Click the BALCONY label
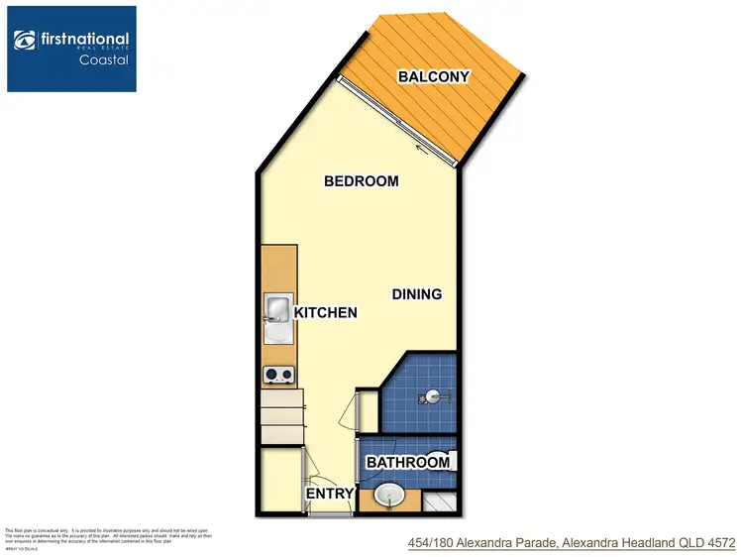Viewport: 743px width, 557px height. pyautogui.click(x=433, y=76)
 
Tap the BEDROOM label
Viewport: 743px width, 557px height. pyautogui.click(x=362, y=181)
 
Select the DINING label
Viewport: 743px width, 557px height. pyautogui.click(x=416, y=294)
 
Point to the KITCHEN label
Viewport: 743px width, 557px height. pyautogui.click(x=325, y=312)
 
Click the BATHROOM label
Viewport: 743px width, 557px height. pyautogui.click(x=408, y=462)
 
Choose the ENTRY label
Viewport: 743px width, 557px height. pyautogui.click(x=328, y=494)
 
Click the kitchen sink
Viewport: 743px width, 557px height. pyautogui.click(x=275, y=310)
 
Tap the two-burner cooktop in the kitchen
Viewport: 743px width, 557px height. pyautogui.click(x=277, y=375)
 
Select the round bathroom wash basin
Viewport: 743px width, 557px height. pyautogui.click(x=389, y=497)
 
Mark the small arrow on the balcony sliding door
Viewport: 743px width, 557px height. pyautogui.click(x=424, y=151)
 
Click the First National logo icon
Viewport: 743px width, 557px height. pyautogui.click(x=25, y=41)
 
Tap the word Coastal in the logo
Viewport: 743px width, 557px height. pyautogui.click(x=103, y=59)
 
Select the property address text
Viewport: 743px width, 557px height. pyautogui.click(x=572, y=543)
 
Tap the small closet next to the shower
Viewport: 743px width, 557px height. pyautogui.click(x=367, y=411)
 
